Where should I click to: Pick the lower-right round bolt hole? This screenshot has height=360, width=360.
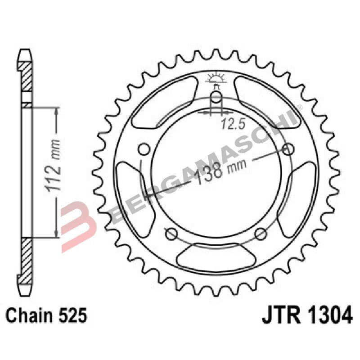261,233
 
